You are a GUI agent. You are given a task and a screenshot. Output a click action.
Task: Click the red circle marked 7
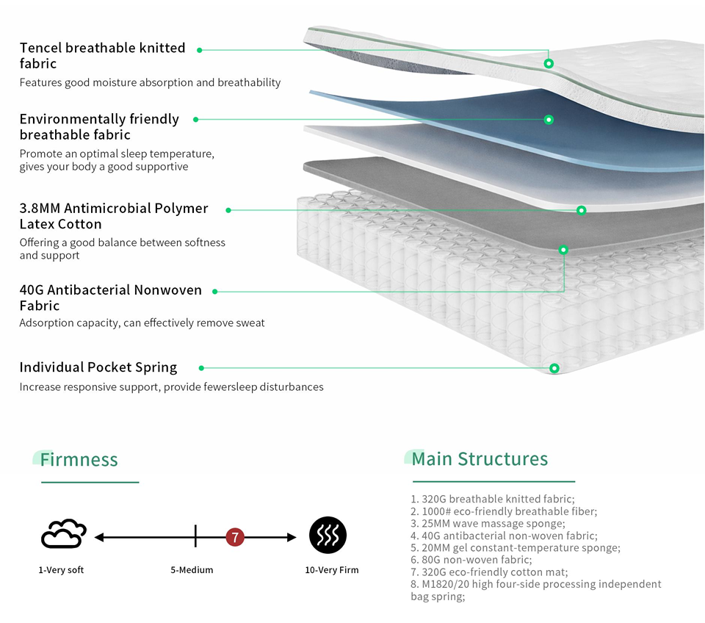pyautogui.click(x=235, y=537)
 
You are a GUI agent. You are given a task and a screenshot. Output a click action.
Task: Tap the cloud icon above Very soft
pyautogui.click(x=63, y=534)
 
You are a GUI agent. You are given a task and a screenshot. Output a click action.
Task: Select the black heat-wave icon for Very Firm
pyautogui.click(x=328, y=535)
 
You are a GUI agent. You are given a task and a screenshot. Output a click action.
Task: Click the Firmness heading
pyautogui.click(x=79, y=460)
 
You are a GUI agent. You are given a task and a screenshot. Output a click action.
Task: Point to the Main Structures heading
pyautogui.click(x=480, y=459)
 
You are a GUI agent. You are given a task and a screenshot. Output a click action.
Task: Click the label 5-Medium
pyautogui.click(x=192, y=570)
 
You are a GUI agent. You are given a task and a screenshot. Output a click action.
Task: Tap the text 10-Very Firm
pyautogui.click(x=332, y=570)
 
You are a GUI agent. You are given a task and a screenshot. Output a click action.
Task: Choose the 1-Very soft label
pyautogui.click(x=61, y=570)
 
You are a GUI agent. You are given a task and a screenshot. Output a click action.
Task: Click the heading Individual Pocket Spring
pyautogui.click(x=98, y=367)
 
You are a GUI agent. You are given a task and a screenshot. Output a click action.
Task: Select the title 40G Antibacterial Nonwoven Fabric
pyautogui.click(x=111, y=298)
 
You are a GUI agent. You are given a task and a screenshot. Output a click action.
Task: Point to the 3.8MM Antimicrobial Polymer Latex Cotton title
pyautogui.click(x=114, y=216)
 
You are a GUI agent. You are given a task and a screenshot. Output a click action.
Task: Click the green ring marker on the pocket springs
pyautogui.click(x=554, y=368)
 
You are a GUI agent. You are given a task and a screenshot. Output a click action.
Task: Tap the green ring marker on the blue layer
pyautogui.click(x=549, y=120)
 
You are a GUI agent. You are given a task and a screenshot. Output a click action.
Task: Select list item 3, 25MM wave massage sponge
pyautogui.click(x=488, y=524)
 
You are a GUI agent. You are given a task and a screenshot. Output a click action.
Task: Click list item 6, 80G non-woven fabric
pyautogui.click(x=471, y=560)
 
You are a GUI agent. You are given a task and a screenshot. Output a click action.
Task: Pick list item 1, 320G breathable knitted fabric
pyautogui.click(x=493, y=499)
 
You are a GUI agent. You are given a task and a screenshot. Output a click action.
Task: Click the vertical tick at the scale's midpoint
pyautogui.click(x=195, y=536)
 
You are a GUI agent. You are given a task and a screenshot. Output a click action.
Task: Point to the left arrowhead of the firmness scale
pyautogui.click(x=99, y=537)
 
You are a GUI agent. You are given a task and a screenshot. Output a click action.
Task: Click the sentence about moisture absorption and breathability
pyautogui.click(x=150, y=82)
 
